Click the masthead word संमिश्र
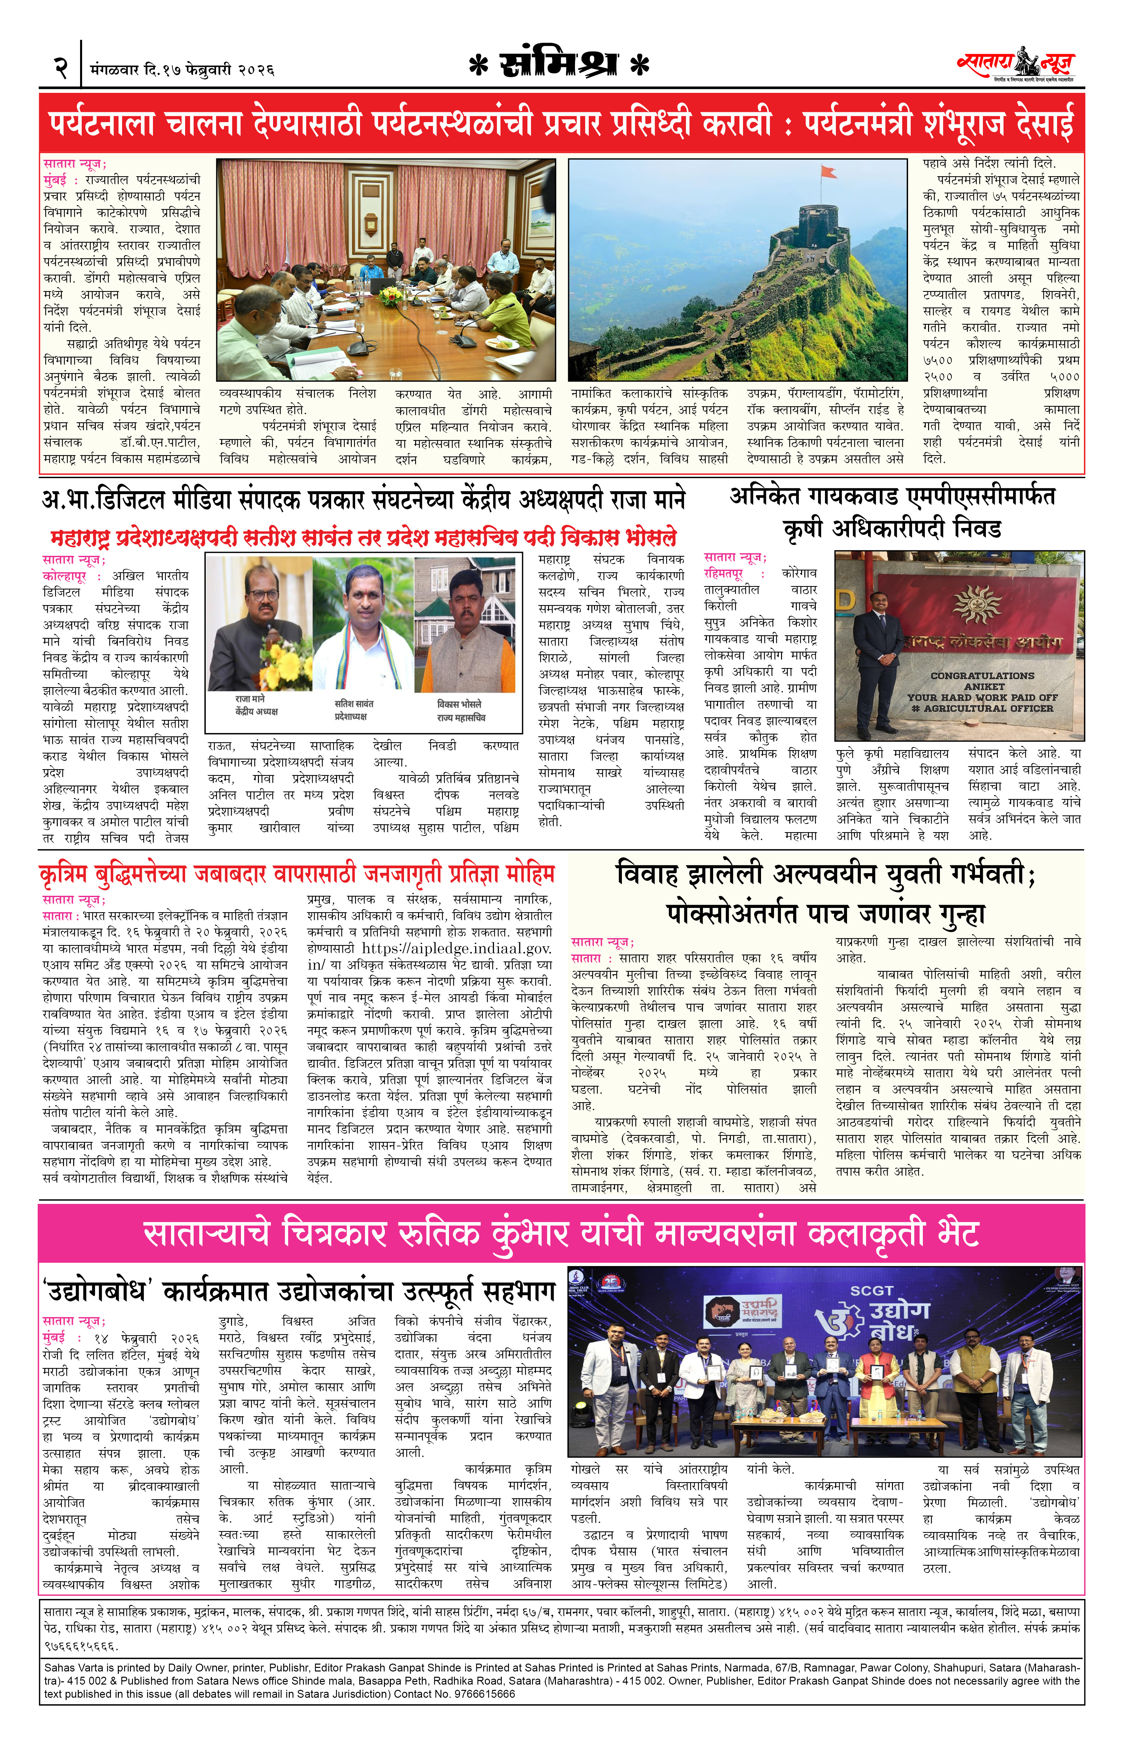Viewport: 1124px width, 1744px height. pyautogui.click(x=559, y=66)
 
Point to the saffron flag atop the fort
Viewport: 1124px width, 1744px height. pyautogui.click(x=827, y=172)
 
